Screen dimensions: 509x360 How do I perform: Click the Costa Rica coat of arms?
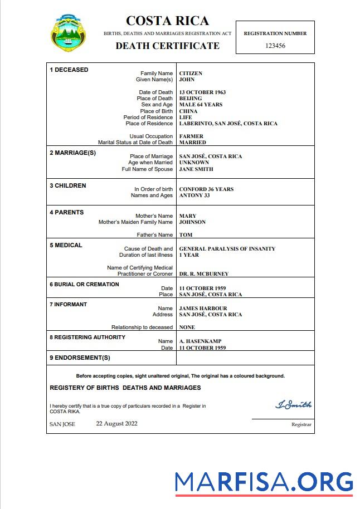(69, 34)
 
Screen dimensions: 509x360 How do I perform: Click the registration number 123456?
(275, 46)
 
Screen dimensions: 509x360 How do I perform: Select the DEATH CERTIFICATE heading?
(167, 46)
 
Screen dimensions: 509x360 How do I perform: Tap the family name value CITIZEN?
(191, 74)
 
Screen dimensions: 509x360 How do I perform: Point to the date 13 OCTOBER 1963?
(202, 92)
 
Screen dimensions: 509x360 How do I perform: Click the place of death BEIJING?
(191, 99)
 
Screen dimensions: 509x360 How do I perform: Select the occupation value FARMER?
(191, 136)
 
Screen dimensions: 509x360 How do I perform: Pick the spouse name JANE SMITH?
(196, 169)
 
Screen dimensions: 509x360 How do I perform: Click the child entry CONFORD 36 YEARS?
(206, 189)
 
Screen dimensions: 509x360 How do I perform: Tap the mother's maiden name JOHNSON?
(192, 222)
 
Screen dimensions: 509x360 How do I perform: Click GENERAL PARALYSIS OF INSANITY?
(227, 249)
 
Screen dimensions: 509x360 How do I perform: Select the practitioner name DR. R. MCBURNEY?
(203, 274)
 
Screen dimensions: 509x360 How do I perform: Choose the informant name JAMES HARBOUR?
(203, 309)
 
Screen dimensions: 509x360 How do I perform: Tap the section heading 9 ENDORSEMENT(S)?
(80, 358)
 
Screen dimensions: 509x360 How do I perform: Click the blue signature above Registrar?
(293, 405)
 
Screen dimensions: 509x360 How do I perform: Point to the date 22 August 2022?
(116, 423)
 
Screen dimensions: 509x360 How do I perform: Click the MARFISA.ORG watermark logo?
(264, 482)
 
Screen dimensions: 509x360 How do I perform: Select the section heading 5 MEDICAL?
(66, 245)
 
